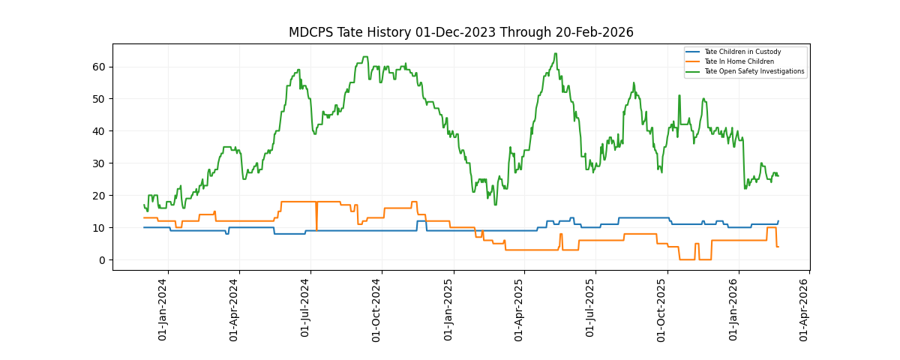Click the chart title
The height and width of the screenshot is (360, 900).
(460, 32)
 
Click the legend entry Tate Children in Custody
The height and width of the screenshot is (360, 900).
(742, 52)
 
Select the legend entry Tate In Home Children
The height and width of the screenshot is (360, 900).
(739, 61)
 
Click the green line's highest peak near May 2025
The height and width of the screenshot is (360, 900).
(556, 54)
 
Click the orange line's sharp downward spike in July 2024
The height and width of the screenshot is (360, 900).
(316, 229)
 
